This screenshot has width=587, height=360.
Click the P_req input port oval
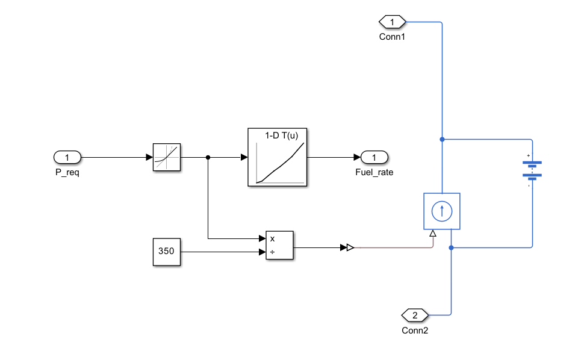pyautogui.click(x=67, y=157)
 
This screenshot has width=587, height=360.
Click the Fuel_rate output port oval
pyautogui.click(x=374, y=157)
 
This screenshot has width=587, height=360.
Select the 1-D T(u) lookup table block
pyautogui.click(x=278, y=157)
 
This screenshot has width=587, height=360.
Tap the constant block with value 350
pyautogui.click(x=167, y=252)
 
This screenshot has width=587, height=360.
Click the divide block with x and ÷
pyautogui.click(x=279, y=245)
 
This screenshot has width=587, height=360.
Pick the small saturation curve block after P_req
pyautogui.click(x=167, y=157)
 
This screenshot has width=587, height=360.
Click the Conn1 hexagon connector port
pyautogui.click(x=393, y=22)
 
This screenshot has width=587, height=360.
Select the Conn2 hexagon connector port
pyautogui.click(x=415, y=315)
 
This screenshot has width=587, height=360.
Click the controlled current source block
pyautogui.click(x=442, y=211)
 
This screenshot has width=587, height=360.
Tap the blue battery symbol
pyautogui.click(x=532, y=170)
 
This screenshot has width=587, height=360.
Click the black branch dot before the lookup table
pyautogui.click(x=208, y=158)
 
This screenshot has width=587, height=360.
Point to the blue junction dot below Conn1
pyautogui.click(x=442, y=139)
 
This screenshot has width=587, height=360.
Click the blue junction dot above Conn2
pyautogui.click(x=451, y=248)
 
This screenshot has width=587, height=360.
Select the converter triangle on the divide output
pyautogui.click(x=350, y=247)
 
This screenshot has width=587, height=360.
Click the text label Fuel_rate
pyautogui.click(x=374, y=172)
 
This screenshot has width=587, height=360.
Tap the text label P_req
pyautogui.click(x=67, y=173)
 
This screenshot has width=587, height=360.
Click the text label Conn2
pyautogui.click(x=415, y=331)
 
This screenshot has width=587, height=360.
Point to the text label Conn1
pyautogui.click(x=392, y=37)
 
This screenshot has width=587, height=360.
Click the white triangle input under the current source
pyautogui.click(x=433, y=234)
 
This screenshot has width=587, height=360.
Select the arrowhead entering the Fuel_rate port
pyautogui.click(x=357, y=158)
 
